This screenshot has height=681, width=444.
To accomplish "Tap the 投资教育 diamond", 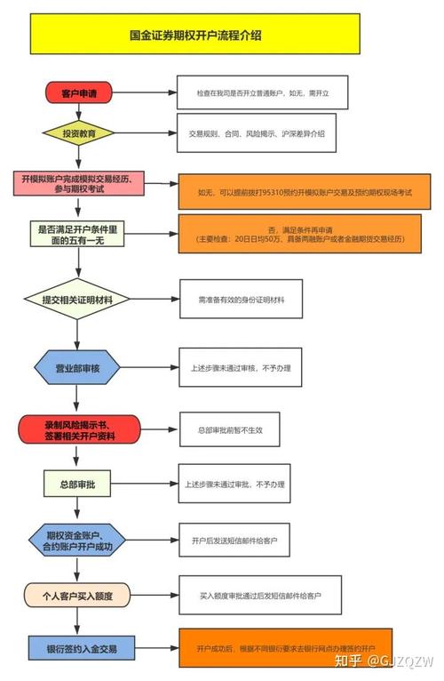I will (78, 134).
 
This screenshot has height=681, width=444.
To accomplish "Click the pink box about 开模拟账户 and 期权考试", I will (77, 185).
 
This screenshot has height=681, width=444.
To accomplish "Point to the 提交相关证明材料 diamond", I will (77, 300).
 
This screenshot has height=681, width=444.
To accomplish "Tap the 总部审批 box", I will (77, 484).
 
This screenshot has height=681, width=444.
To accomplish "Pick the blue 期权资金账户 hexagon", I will (78, 540).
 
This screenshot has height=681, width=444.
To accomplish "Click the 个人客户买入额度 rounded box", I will (78, 594).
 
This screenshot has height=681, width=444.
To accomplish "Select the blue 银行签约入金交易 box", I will (77, 648).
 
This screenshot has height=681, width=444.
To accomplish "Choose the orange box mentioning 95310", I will (304, 191).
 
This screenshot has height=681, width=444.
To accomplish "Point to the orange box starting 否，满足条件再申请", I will (304, 234).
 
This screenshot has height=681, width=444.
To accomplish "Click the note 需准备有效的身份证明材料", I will (242, 300).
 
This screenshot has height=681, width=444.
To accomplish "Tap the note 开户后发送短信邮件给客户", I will (241, 540).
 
